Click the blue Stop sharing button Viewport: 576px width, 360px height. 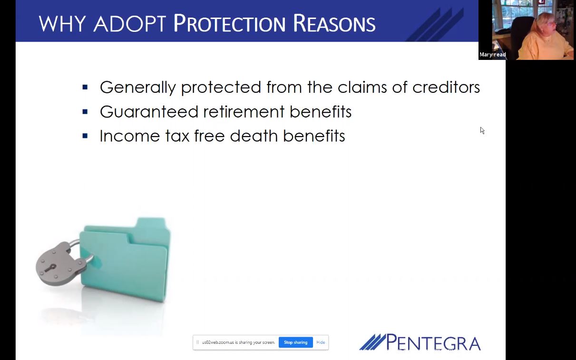pyautogui.click(x=296, y=342)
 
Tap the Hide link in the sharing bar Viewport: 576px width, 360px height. pyautogui.click(x=321, y=342)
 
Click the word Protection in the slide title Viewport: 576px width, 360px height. pyautogui.click(x=229, y=23)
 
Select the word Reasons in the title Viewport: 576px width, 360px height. pyautogui.click(x=334, y=23)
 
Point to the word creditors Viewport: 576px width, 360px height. pyautogui.click(x=446, y=87)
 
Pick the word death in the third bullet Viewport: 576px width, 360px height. pyautogui.click(x=254, y=136)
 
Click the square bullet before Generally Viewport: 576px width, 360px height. pyautogui.click(x=85, y=88)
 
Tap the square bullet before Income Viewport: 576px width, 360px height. pyautogui.click(x=85, y=136)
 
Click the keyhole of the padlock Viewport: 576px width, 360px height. pyautogui.click(x=50, y=268)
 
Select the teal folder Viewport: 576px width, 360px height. pyautogui.click(x=125, y=260)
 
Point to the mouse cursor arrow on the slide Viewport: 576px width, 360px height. pyautogui.click(x=482, y=130)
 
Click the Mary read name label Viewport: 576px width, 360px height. pyautogui.click(x=492, y=55)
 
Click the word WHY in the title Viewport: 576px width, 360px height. pyautogui.click(x=62, y=23)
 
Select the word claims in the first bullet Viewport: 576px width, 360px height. pyautogui.click(x=362, y=87)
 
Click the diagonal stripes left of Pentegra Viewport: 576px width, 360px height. pyautogui.click(x=373, y=342)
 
